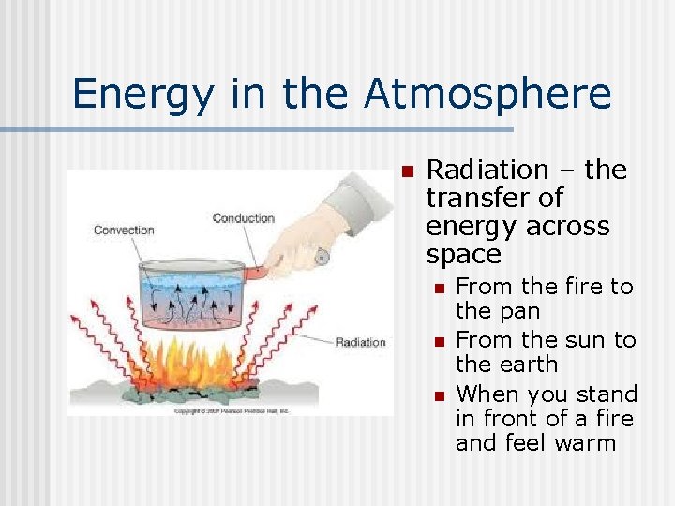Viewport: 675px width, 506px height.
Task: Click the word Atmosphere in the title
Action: coord(487,94)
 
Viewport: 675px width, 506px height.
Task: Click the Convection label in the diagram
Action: coord(124,230)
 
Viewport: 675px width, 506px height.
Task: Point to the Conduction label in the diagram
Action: coord(243,218)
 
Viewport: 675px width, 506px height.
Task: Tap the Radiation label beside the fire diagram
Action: coord(360,342)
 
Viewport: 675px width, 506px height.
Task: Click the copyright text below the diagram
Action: coord(193,410)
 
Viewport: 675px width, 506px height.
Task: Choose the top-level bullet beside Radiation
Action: coord(405,171)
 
